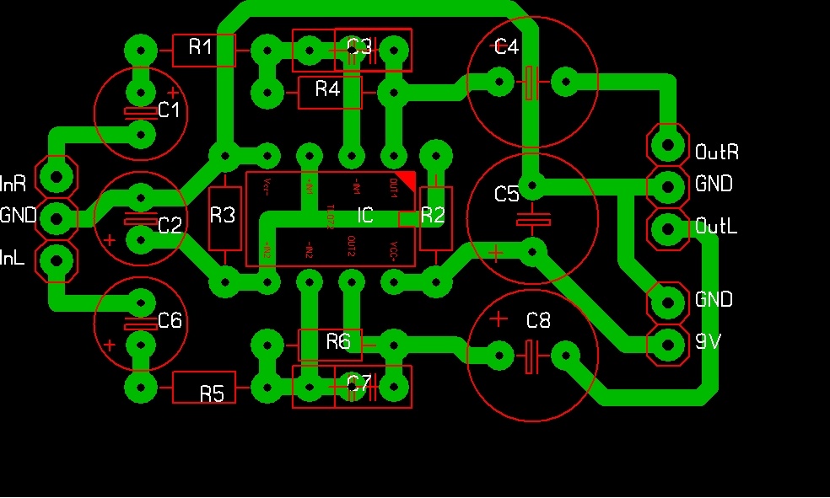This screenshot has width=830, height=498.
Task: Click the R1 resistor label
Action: pos(201,47)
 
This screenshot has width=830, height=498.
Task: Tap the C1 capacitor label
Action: pos(170,110)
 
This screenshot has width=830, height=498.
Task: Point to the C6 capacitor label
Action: pos(170,320)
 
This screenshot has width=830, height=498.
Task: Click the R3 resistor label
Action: pos(223,216)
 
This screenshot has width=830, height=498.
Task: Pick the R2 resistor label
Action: pos(432,216)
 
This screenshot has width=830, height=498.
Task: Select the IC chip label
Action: pos(364,216)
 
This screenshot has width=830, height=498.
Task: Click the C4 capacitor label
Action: pos(506,47)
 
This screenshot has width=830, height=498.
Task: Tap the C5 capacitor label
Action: pos(507,195)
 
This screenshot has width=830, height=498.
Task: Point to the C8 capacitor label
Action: pos(537,320)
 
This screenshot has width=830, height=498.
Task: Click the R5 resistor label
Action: pos(212,394)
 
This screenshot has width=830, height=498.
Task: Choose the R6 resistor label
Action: pos(338,341)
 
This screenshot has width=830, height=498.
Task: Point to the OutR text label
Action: pos(717,153)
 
